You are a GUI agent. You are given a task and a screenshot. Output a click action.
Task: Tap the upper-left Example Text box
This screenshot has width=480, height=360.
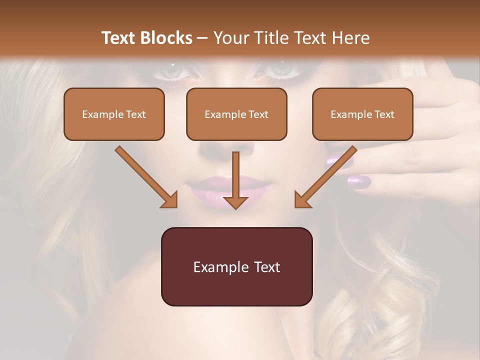point(114,114)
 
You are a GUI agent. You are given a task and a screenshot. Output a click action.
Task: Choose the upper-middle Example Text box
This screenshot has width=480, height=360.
point(236,114)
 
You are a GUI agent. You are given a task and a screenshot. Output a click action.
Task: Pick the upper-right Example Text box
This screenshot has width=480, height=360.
point(362,114)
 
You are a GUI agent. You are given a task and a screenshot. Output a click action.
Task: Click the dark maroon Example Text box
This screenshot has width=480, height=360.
point(236,266)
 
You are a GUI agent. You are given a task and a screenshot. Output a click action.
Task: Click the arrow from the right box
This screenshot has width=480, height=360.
point(325,177)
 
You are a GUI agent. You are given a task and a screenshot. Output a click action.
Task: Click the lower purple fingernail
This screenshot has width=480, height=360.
point(358,181)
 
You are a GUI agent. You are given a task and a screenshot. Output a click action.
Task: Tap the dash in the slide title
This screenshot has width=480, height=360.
point(202,38)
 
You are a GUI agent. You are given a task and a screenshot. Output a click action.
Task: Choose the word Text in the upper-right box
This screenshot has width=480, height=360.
point(384,114)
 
